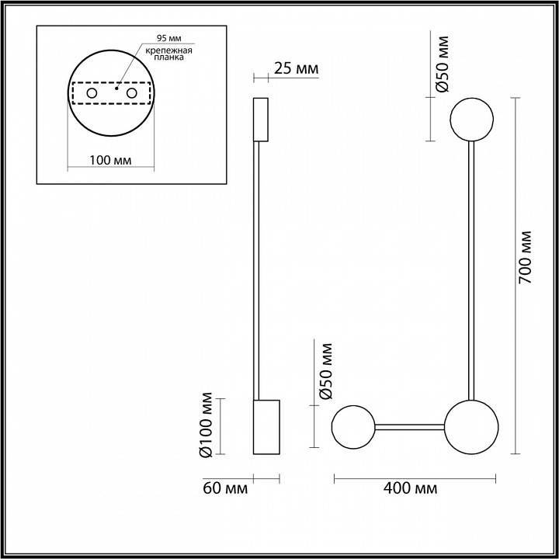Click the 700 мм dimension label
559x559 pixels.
click(526, 257)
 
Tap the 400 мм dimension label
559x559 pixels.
click(410, 488)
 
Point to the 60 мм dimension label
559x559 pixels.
click(225, 488)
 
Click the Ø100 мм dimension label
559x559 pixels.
click(207, 427)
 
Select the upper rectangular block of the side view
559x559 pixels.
click(261, 120)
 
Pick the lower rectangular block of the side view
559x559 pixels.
click(266, 427)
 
